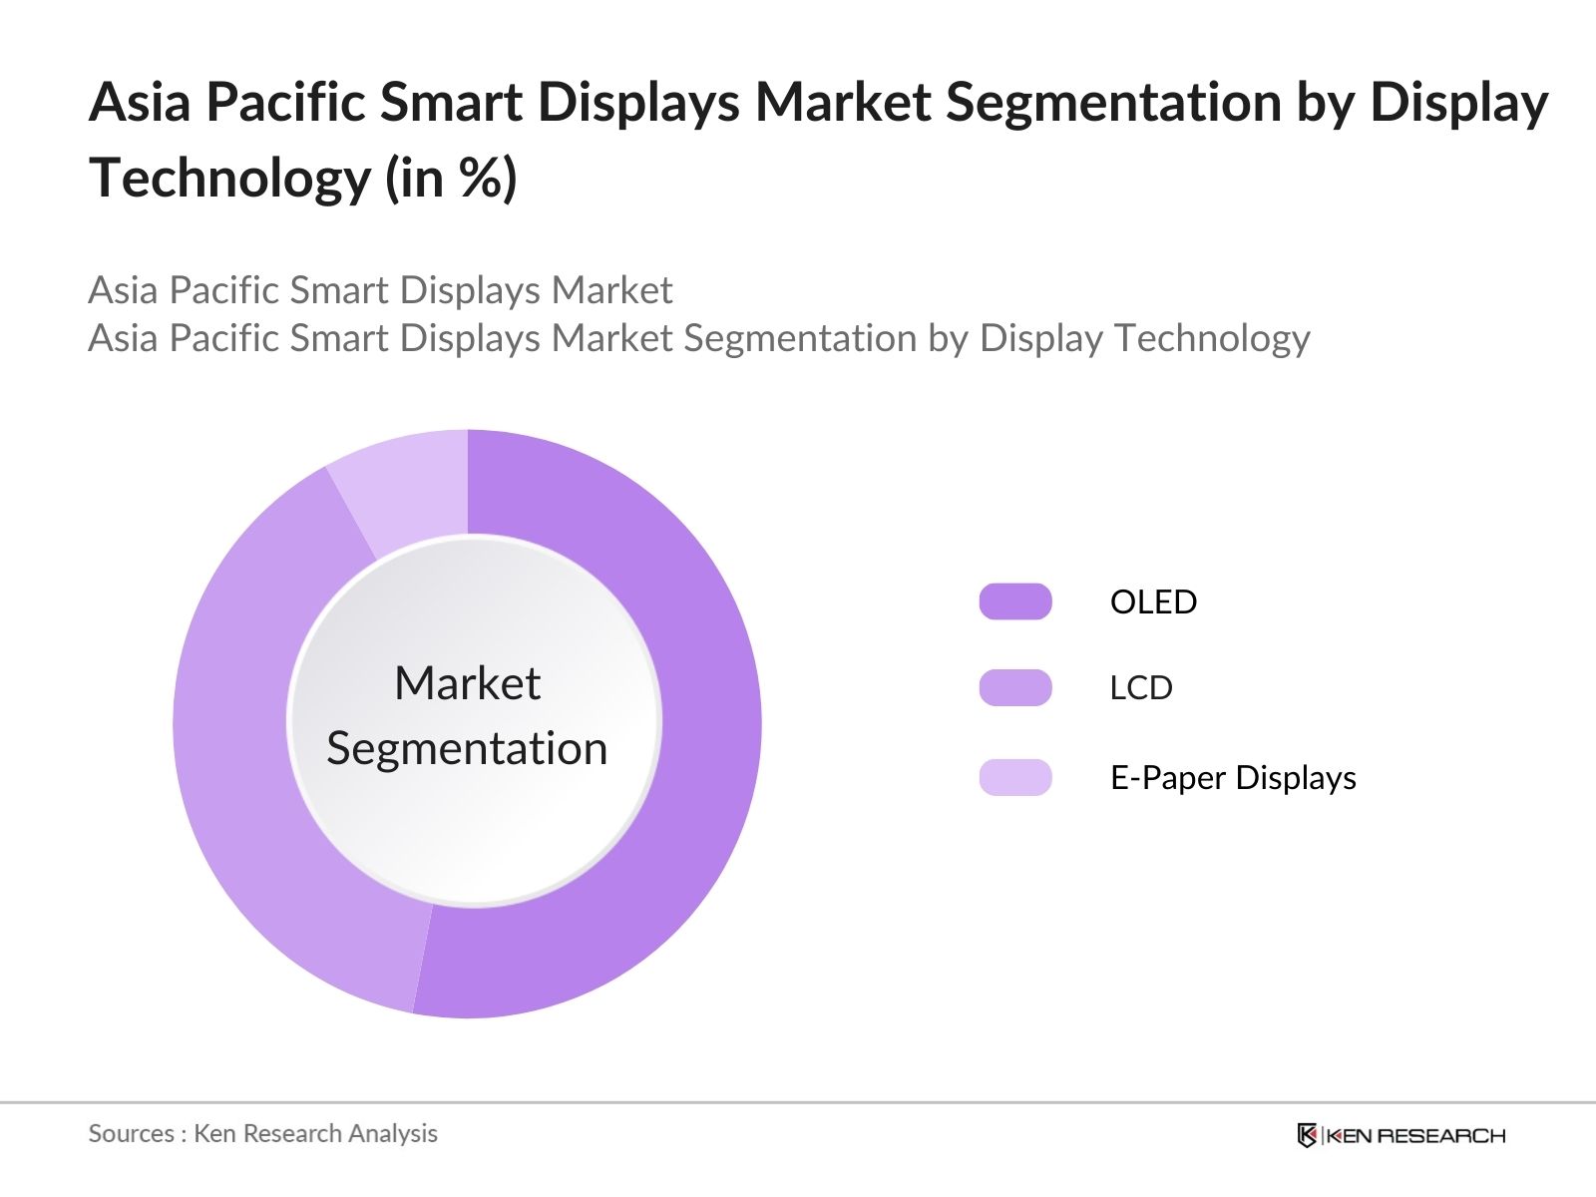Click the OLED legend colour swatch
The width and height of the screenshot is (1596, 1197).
coord(1015,601)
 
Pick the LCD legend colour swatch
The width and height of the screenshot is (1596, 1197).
coord(1015,687)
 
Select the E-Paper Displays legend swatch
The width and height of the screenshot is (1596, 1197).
coord(1015,777)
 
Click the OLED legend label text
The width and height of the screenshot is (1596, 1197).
coord(1153,601)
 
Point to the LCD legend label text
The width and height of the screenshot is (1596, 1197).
coord(1141,687)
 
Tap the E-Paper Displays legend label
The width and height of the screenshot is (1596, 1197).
coord(1233,777)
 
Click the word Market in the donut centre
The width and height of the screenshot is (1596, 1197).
coord(467,683)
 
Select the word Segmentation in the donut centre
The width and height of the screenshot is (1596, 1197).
coord(467,748)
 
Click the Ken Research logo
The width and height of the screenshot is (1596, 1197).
coord(1400,1135)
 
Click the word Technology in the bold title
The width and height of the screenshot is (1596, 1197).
coord(230,178)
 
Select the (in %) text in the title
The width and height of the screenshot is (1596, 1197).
coord(451,178)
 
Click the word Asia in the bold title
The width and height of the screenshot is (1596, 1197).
coord(140,102)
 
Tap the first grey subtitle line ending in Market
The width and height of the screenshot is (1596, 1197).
coord(380,290)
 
